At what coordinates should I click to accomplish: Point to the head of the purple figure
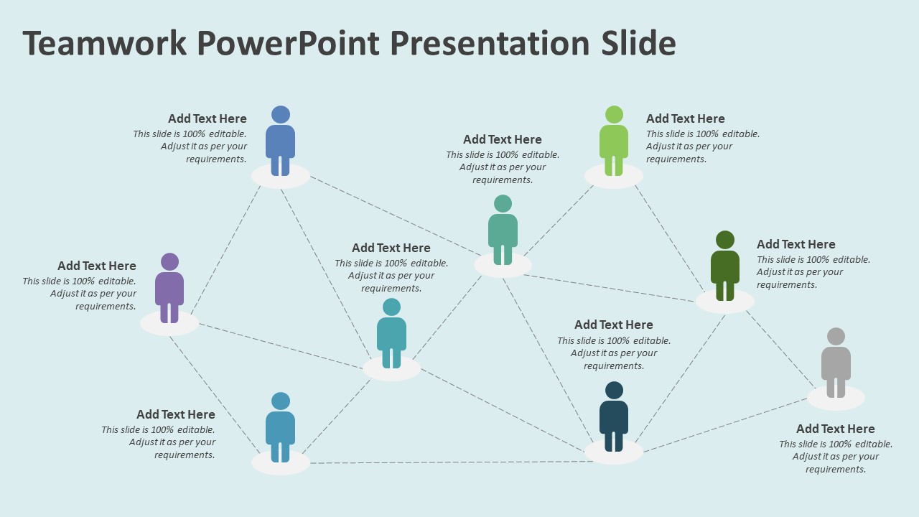(169, 261)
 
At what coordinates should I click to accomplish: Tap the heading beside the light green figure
(685, 118)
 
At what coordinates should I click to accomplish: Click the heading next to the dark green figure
(796, 244)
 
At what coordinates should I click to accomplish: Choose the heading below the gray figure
(835, 429)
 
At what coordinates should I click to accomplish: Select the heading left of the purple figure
(97, 266)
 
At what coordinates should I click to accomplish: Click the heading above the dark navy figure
(613, 325)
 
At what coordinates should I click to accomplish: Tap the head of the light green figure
(614, 114)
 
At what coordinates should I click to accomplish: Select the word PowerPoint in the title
(288, 43)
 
